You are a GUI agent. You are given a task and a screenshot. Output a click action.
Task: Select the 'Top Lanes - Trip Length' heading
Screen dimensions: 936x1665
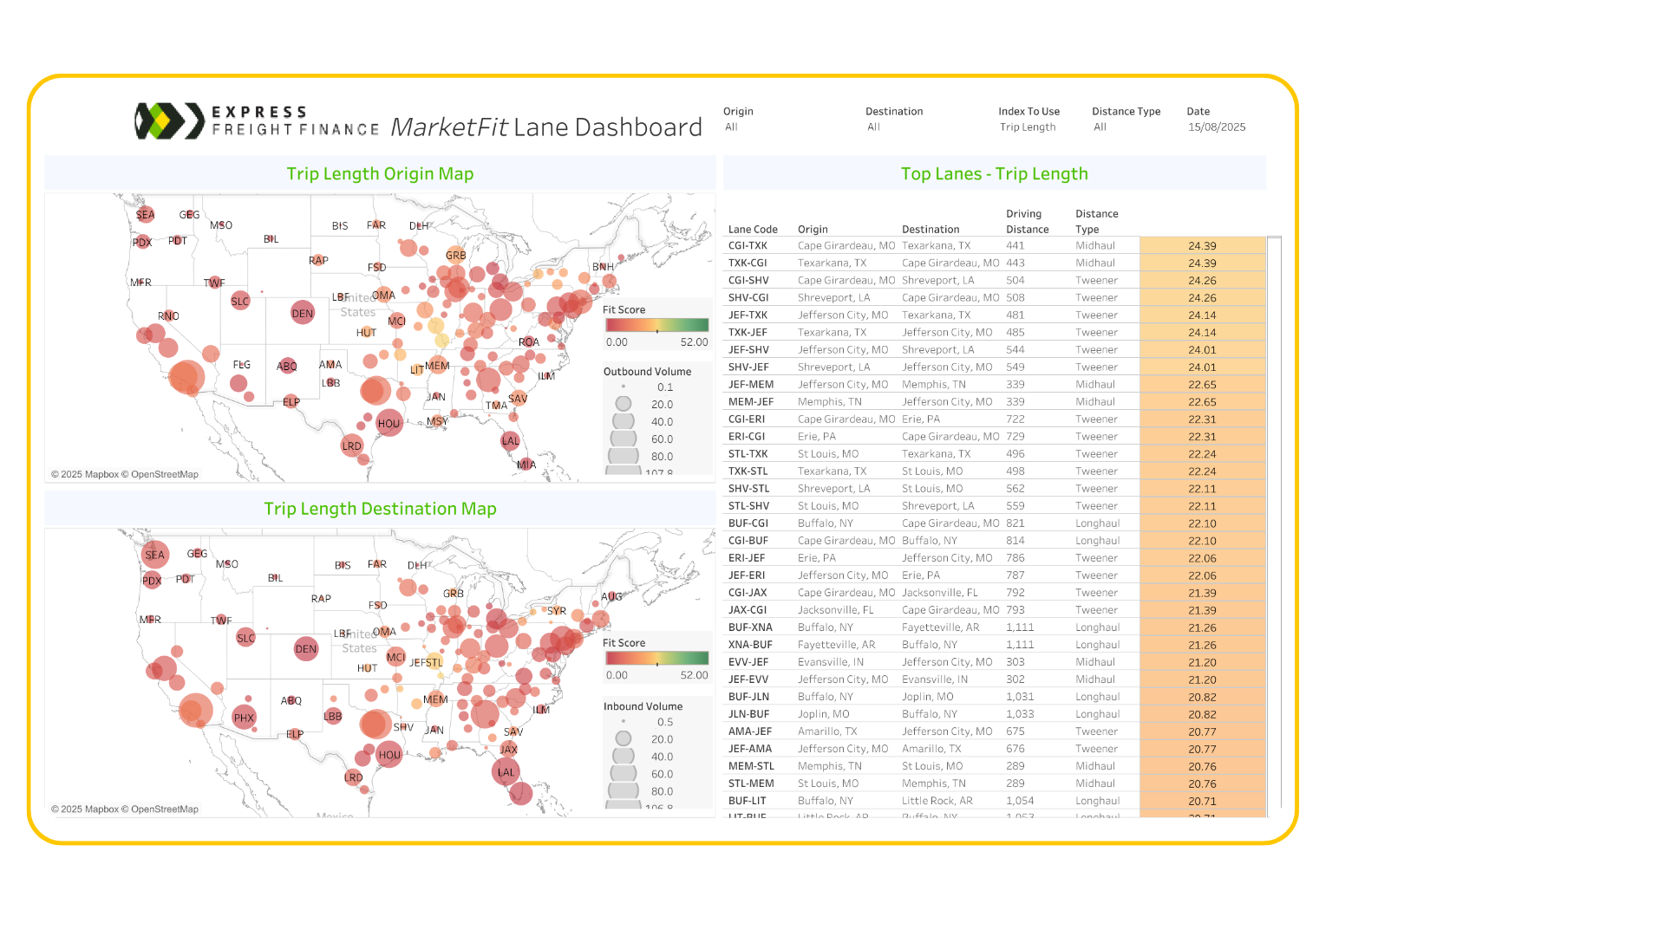[994, 173]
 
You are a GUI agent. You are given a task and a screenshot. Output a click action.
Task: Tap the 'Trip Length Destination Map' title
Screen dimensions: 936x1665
[380, 509]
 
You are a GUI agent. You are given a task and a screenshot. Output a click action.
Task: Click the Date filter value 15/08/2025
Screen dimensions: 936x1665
[1216, 127]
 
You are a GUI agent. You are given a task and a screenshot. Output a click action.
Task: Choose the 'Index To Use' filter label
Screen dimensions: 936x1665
[1028, 112]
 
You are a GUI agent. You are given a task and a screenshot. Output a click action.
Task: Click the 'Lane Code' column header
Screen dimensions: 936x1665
[753, 230]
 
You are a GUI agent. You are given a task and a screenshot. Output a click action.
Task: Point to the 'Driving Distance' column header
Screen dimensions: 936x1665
[1027, 222]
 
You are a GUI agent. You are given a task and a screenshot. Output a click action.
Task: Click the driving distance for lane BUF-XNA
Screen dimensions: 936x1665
[1020, 627]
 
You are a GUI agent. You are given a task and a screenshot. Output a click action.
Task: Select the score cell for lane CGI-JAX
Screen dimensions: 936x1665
[1202, 593]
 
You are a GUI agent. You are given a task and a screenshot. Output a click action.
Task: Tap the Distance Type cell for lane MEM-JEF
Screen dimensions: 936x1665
[1095, 402]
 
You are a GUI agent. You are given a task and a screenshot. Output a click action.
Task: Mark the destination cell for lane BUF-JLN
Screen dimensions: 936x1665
[927, 697]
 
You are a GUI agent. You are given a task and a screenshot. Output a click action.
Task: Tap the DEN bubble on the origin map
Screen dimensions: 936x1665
[303, 314]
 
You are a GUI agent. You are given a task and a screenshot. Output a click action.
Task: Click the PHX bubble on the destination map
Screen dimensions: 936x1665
[244, 718]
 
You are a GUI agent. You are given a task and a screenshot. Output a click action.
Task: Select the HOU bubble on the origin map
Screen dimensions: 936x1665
[389, 424]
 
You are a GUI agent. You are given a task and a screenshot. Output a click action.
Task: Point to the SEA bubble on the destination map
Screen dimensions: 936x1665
[154, 555]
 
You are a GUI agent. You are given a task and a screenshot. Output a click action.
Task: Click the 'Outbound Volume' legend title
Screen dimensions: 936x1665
[647, 372]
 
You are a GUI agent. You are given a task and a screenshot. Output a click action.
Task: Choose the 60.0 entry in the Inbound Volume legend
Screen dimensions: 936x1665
[662, 774]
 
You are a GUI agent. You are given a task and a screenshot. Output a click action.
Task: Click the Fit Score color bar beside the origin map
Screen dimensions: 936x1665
[656, 325]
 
